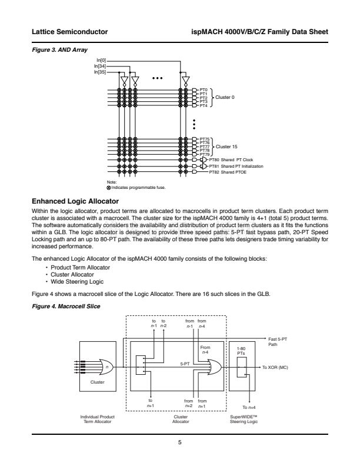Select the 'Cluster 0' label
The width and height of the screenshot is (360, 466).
point(225,97)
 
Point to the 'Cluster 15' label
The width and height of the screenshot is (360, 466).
point(226,146)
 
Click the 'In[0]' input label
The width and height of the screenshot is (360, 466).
point(101,61)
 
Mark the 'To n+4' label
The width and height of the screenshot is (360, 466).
point(249,407)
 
